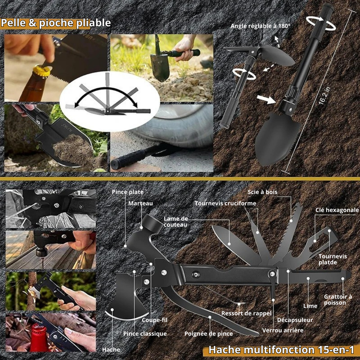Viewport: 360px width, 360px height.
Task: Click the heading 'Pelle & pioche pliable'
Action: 56,23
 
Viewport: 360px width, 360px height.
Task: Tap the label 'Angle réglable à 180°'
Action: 261,26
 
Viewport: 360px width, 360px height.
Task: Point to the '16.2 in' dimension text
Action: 324,96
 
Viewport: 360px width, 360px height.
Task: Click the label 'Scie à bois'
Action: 262,192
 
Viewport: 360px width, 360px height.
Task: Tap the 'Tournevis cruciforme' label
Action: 225,204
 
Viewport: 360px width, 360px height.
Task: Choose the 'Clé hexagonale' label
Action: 337,210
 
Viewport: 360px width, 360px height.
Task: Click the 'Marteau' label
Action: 141,203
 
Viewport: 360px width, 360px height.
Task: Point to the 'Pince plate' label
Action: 128,192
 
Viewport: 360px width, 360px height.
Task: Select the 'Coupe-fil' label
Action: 155,320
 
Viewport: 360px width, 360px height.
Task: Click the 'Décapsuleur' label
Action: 295,320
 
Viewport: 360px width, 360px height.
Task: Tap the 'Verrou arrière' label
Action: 283,330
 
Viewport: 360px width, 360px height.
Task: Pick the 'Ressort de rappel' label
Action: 246,313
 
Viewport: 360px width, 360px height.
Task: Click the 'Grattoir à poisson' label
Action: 338,300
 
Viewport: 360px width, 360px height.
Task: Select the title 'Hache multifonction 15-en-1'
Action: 281,350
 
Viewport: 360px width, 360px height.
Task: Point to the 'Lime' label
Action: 310,306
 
